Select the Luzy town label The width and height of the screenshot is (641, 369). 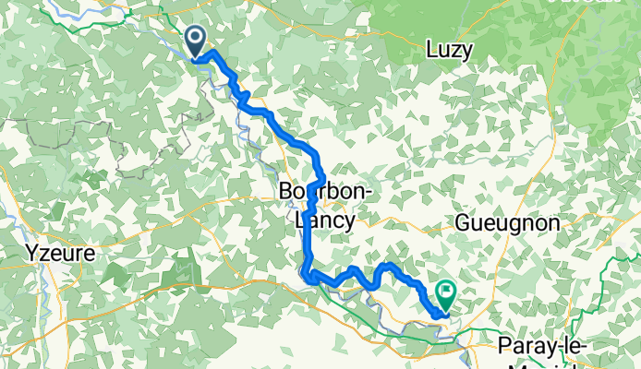tap(451, 51)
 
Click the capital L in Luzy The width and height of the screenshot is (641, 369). tap(431, 50)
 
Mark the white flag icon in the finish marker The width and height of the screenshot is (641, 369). tap(446, 292)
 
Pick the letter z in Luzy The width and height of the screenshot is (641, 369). tap(456, 52)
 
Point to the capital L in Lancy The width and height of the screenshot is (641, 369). tap(296, 220)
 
